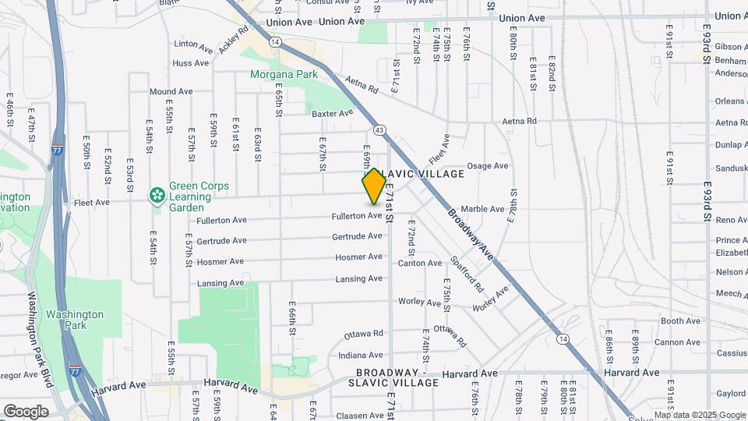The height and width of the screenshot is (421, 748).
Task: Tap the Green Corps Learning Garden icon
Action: tap(157, 194)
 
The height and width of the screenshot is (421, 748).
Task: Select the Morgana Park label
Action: tap(284, 75)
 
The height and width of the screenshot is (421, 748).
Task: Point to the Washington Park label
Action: tap(74, 320)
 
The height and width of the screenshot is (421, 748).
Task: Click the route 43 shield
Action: tap(379, 129)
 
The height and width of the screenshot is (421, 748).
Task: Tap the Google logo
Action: tap(26, 411)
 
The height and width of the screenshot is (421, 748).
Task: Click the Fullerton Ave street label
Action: tap(356, 216)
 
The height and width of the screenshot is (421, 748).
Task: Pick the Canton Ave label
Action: tap(420, 264)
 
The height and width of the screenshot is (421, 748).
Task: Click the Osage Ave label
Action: tap(487, 166)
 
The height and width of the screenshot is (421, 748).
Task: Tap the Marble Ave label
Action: tap(483, 209)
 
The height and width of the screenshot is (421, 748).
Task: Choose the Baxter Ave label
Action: tap(333, 114)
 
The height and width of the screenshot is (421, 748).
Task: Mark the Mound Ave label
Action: tap(171, 92)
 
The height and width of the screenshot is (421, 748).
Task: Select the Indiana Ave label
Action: tap(361, 355)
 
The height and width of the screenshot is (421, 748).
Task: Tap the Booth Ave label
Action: tap(680, 321)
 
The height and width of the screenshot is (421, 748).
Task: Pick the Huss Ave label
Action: tap(192, 63)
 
